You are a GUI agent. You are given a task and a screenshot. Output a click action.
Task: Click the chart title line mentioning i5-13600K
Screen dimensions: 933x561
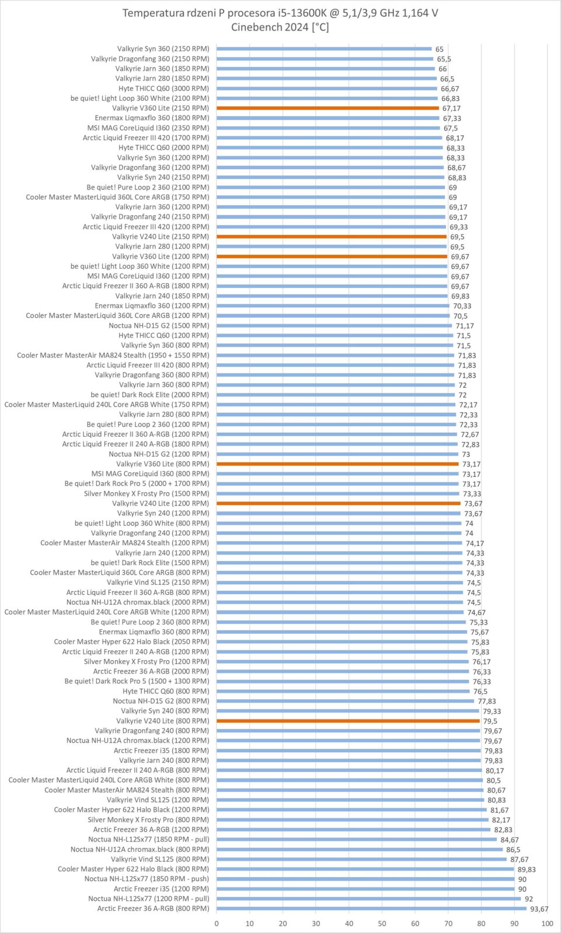280,13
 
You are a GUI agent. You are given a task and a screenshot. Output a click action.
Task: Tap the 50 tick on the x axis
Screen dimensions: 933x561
382,923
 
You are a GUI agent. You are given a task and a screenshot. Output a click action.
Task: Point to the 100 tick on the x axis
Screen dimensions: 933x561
547,923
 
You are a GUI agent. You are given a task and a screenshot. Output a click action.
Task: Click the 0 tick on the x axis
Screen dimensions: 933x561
217,923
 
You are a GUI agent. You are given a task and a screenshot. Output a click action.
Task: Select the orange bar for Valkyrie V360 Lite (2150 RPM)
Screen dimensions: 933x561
327,108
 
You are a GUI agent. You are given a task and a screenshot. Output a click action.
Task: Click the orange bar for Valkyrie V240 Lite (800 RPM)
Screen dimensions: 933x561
348,721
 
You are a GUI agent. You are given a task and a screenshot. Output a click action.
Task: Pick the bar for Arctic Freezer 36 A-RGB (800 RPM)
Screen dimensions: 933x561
371,909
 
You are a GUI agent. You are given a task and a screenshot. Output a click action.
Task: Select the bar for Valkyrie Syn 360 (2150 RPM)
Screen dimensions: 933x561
324,49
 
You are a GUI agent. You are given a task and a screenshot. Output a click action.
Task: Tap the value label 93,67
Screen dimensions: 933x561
539,909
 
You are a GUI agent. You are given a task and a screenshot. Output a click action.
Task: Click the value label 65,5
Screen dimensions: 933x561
444,59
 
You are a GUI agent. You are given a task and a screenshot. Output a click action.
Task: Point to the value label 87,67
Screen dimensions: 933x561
519,860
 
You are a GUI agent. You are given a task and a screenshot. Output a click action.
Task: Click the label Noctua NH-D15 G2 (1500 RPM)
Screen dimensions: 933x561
159,325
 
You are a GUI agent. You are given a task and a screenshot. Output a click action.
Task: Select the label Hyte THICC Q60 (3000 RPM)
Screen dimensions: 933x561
163,89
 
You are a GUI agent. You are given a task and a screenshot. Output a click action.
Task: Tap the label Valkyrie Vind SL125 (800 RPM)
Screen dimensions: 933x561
160,859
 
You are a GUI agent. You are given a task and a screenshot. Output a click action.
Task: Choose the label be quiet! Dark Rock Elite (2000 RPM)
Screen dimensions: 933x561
149,395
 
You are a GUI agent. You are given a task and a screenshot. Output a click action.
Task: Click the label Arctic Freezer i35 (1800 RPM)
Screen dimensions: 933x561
161,750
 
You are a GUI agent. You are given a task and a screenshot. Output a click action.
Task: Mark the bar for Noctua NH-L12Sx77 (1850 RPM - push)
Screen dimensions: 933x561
365,879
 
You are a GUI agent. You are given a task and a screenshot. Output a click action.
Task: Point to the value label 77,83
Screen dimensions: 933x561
487,701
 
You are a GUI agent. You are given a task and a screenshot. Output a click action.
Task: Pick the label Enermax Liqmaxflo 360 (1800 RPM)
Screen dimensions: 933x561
152,118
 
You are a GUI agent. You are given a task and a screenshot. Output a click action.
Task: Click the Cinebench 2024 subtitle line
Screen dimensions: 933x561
280,27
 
